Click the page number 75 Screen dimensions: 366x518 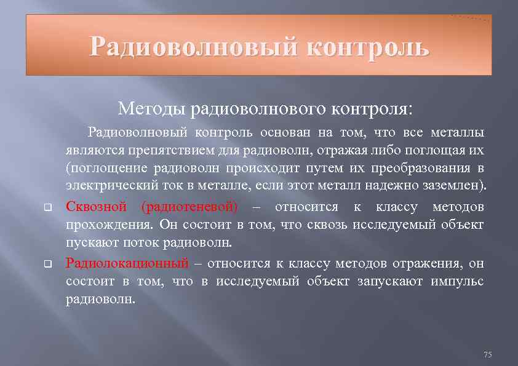(488, 355)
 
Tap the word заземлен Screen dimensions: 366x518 (455, 185)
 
